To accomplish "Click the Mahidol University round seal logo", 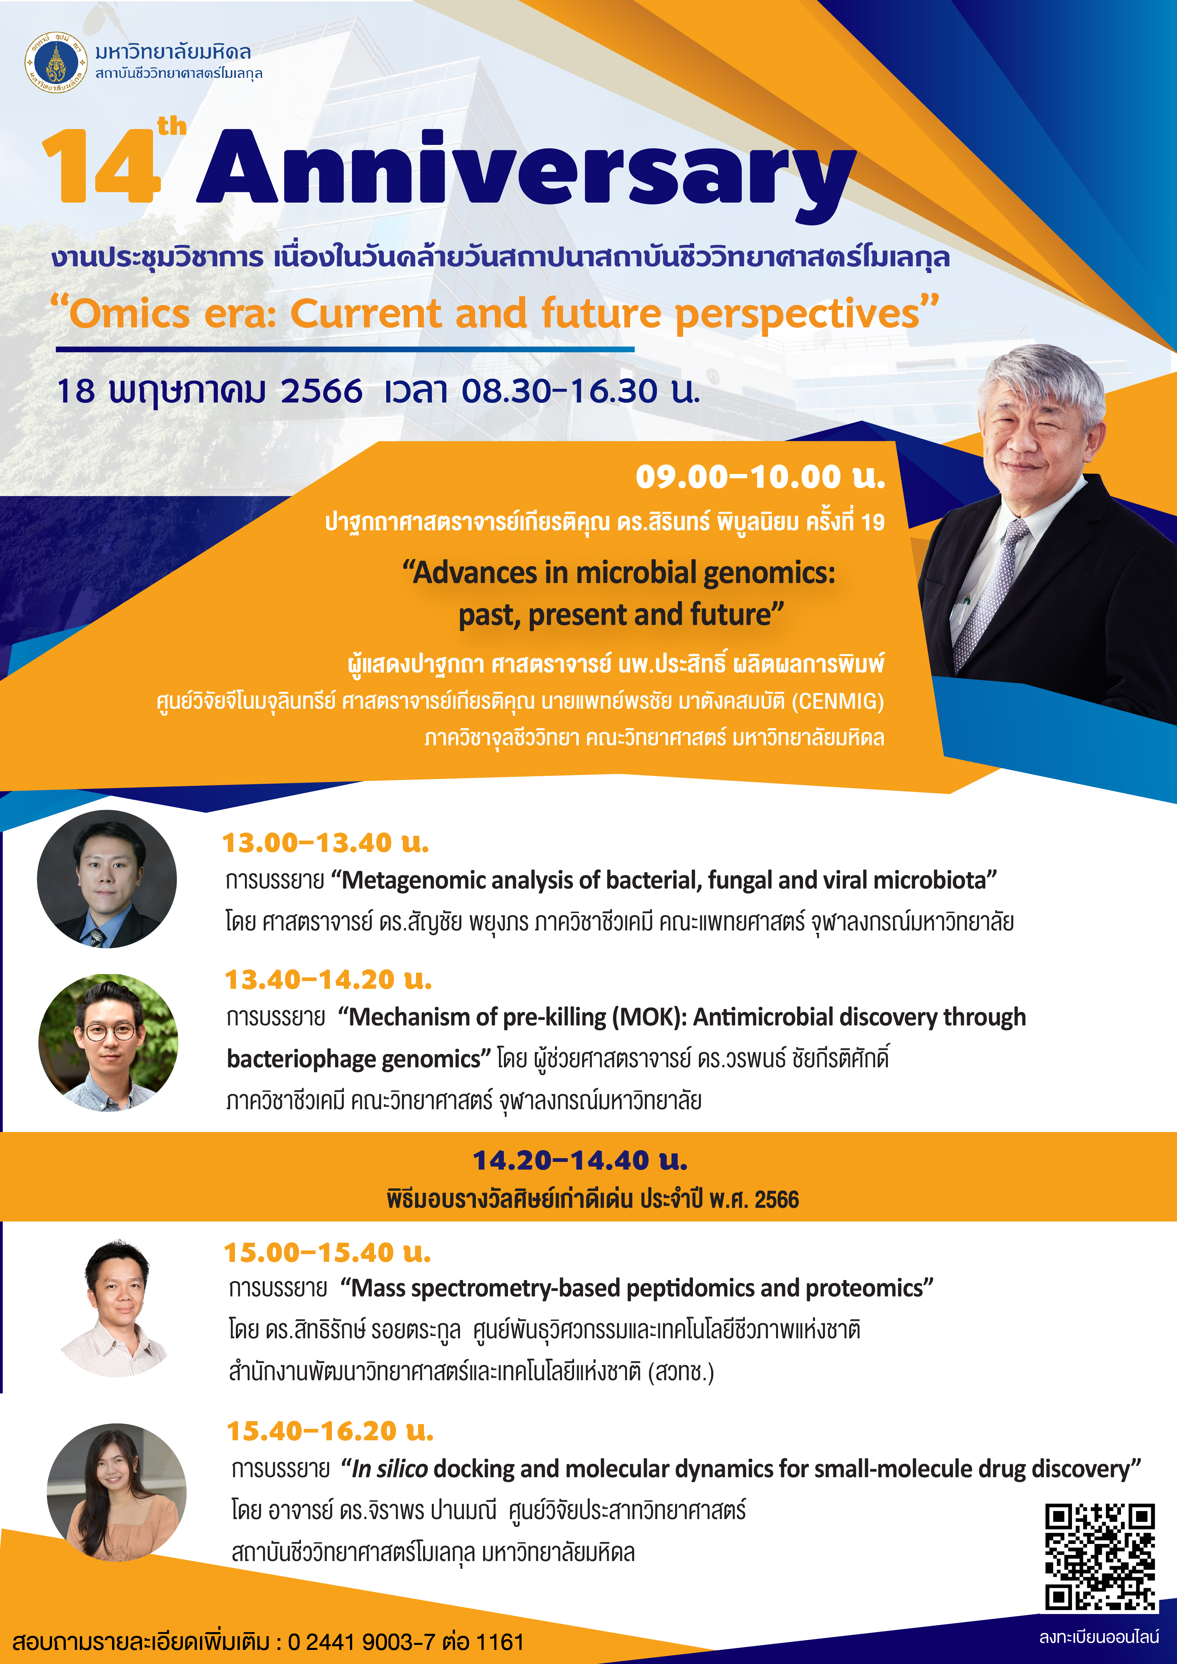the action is [x=56, y=62].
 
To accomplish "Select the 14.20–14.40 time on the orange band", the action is [x=580, y=1160].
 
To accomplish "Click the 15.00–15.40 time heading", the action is [x=327, y=1252].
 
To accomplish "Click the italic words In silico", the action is [x=389, y=1469].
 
